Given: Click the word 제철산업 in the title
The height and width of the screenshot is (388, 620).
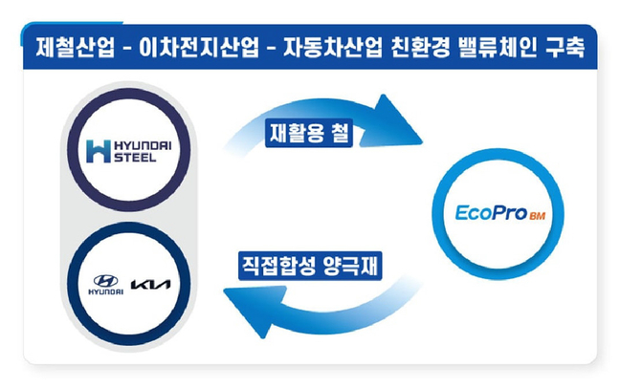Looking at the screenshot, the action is point(75,47).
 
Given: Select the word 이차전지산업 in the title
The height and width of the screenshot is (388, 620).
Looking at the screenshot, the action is point(198,47).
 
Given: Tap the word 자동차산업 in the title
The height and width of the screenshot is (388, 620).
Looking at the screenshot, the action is point(333,47).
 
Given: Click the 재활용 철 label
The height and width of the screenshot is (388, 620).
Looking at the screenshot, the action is point(309,133).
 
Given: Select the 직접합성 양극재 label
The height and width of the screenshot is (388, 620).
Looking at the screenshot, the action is point(310,266).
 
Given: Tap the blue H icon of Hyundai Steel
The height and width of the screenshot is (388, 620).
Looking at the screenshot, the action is point(98,151).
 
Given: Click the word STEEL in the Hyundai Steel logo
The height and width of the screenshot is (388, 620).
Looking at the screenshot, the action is point(135,158).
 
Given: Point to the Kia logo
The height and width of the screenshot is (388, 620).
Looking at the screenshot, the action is point(150,285).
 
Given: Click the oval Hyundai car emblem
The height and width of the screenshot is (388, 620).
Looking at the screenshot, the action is point(105,281).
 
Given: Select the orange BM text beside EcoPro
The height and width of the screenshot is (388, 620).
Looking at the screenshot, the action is point(538,216).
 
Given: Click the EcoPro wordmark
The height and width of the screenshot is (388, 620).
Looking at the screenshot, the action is point(492,212).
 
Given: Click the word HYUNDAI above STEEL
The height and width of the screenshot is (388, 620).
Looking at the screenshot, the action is point(143,146).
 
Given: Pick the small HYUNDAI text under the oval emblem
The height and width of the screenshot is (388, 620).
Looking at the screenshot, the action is point(105,292).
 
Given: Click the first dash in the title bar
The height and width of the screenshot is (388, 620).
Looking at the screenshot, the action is point(127,49).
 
